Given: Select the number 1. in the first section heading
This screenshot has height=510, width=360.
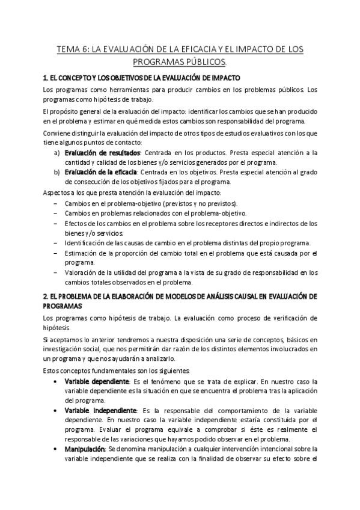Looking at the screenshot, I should click(x=46, y=78).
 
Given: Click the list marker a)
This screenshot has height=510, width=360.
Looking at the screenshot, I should click(x=56, y=153).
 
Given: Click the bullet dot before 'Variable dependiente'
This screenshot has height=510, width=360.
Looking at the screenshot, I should click(x=56, y=382).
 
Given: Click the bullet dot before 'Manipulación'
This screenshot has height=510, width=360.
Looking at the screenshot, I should click(x=56, y=449).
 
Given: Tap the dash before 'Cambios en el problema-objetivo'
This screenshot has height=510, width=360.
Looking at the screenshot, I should click(x=56, y=203).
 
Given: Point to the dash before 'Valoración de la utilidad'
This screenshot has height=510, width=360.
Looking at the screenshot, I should click(x=56, y=273).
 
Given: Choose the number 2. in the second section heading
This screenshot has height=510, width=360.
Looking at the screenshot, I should click(x=46, y=296).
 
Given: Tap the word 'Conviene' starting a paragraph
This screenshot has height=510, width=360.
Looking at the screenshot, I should click(x=56, y=133).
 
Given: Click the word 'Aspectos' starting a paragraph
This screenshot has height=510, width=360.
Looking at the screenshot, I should click(x=56, y=192).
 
